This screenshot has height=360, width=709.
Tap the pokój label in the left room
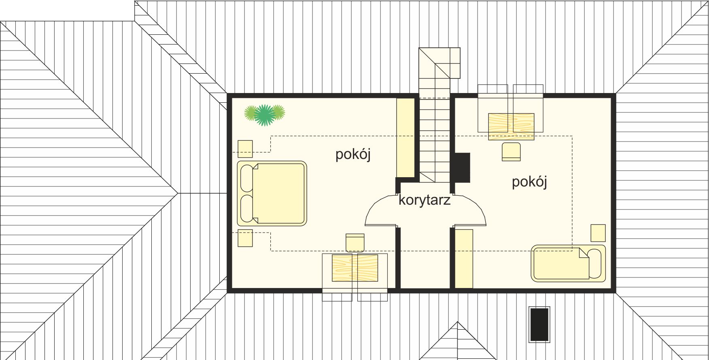coord(353,155)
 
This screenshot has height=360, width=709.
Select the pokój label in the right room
coord(529,182)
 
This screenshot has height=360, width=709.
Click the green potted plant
coord(265,114)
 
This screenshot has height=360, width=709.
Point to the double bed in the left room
coord(272,193)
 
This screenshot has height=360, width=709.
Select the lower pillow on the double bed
coord(247,209)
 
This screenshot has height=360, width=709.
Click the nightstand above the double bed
coord(245,149)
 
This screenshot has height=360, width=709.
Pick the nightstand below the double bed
coord(245,238)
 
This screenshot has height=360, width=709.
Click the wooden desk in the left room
coord(355,268)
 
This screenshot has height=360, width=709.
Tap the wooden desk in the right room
coord(511,127)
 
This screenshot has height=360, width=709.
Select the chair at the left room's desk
coord(355,243)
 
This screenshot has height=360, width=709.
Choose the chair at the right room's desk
coord(511,152)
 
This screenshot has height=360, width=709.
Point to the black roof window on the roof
coord(539,324)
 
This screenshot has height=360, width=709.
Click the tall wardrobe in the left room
coord(405,138)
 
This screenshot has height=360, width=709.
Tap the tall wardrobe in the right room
coord(464,259)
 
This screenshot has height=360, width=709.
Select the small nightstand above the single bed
coord(598,233)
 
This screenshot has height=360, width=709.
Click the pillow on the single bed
coord(595,264)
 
